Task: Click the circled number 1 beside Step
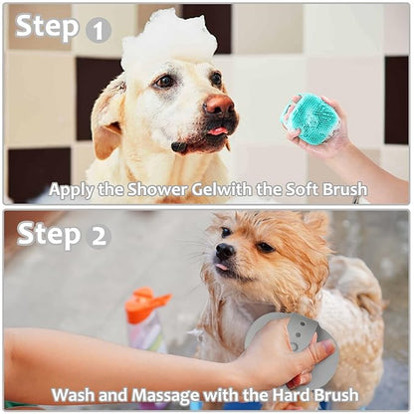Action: (x=98, y=30)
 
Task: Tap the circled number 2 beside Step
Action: (x=99, y=235)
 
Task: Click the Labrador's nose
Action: (x=219, y=103)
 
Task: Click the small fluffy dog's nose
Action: (x=225, y=251)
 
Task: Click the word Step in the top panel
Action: (x=47, y=27)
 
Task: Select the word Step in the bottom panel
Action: (x=47, y=233)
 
